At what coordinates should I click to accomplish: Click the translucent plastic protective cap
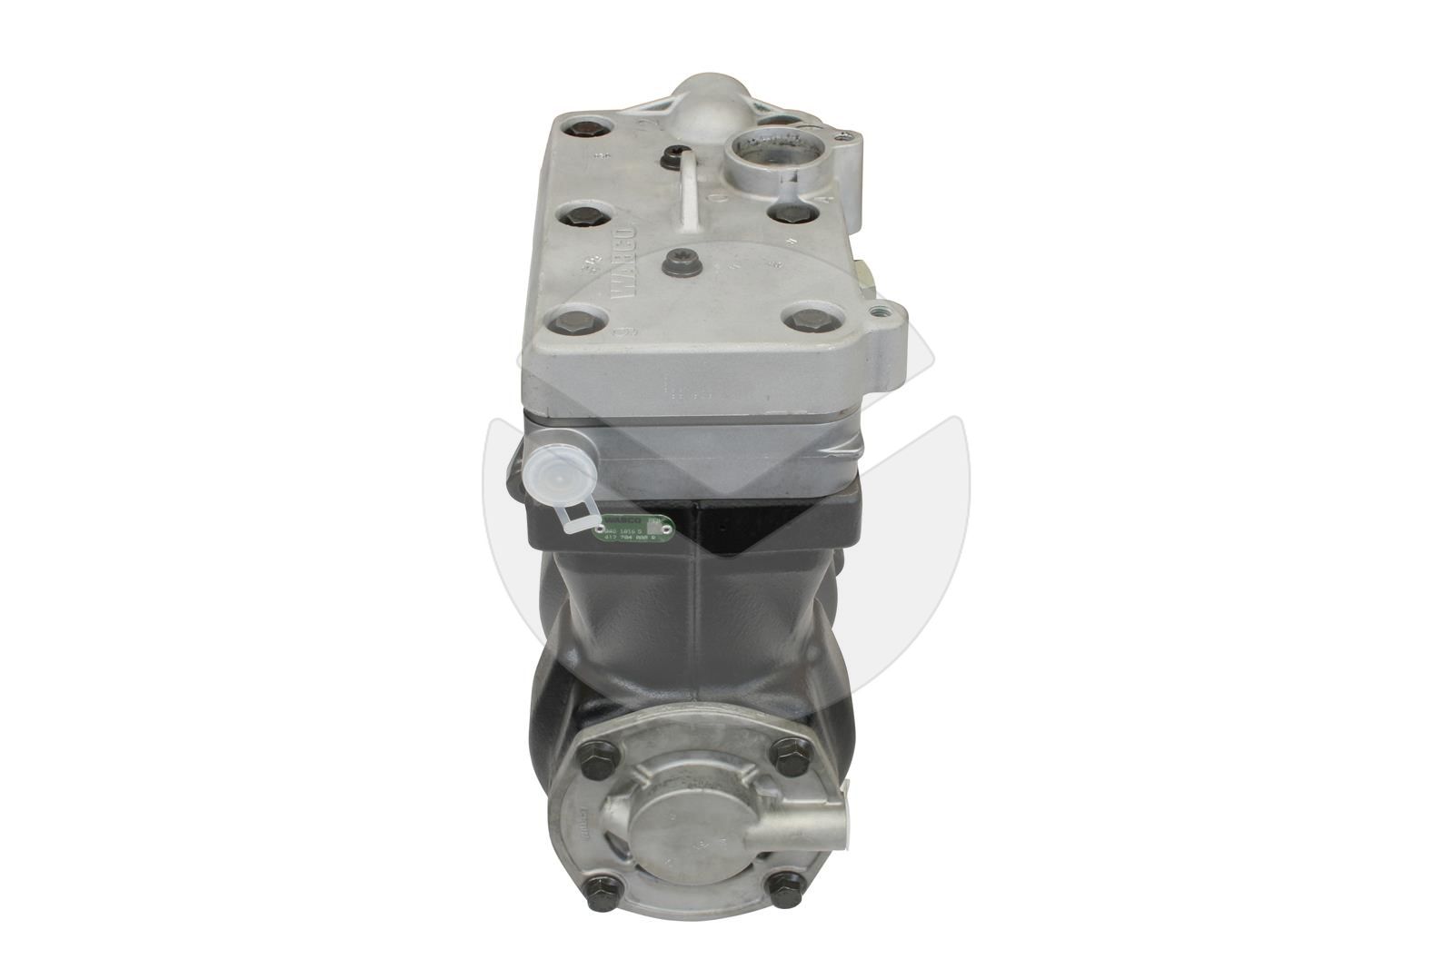[555, 471]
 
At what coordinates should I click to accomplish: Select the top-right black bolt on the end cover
[787, 753]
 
